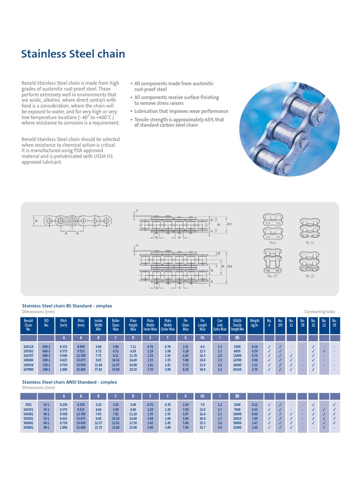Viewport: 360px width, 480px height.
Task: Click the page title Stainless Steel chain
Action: [73, 54]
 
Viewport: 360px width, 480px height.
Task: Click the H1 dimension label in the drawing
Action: [229, 225]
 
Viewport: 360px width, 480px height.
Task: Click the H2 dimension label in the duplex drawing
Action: [230, 266]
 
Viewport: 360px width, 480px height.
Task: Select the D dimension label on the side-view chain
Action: [36, 220]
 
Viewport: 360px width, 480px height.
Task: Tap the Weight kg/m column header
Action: [255, 323]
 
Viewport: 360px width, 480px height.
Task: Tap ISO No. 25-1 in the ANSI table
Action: [46, 404]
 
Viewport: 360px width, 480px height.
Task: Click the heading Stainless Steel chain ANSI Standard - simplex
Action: [70, 382]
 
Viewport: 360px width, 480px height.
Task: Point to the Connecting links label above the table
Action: [320, 311]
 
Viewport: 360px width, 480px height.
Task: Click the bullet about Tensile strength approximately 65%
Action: [179, 122]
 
